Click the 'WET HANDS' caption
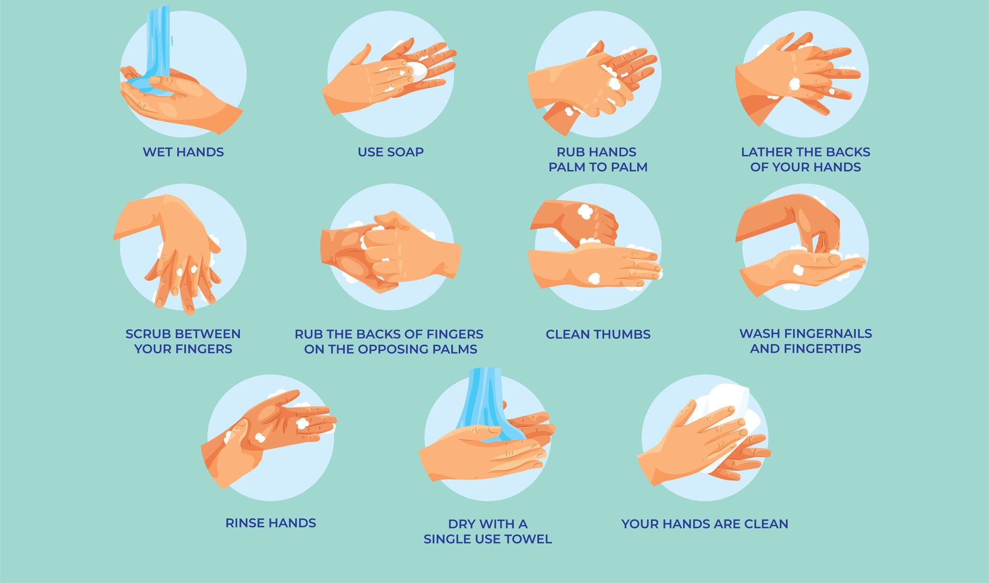183,152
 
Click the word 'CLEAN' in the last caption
766,524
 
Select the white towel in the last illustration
727,420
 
